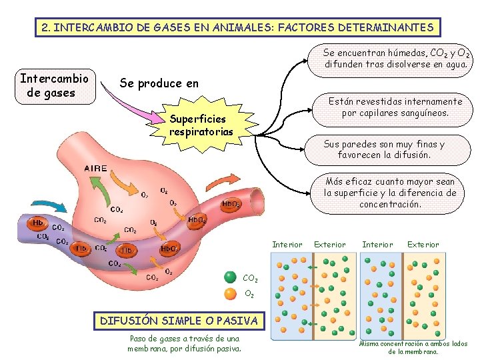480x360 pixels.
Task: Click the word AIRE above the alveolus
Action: [95, 169]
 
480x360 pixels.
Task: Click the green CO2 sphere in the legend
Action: [230, 277]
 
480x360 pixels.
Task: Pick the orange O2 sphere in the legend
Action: [230, 293]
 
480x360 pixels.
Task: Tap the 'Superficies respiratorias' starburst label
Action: [201, 125]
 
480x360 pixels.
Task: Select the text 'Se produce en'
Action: [159, 83]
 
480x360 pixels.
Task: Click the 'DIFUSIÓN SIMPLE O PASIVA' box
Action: [178, 321]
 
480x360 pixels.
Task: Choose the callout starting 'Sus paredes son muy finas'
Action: [383, 149]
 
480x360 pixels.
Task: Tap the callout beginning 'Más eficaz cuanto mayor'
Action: [389, 193]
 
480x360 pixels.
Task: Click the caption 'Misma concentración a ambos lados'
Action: [413, 347]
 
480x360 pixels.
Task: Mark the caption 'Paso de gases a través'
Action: [185, 343]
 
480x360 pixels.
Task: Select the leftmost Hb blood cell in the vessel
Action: [39, 223]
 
